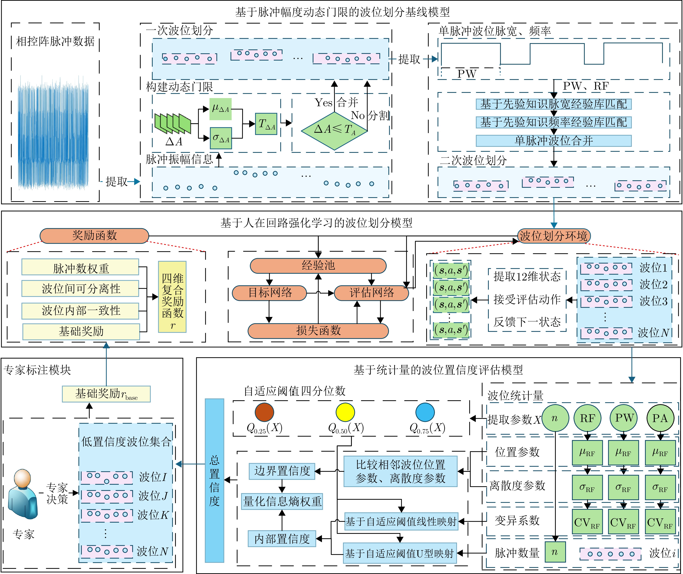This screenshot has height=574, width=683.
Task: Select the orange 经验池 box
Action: coord(318,265)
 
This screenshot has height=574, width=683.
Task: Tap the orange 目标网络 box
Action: coord(269,293)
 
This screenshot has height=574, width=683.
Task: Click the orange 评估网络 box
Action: coord(371,293)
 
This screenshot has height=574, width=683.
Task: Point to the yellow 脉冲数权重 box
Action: coord(80,268)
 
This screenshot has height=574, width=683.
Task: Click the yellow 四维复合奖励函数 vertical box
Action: coord(172,297)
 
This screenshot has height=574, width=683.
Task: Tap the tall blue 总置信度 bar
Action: coord(214,481)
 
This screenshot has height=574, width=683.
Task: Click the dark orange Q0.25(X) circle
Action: coord(264,412)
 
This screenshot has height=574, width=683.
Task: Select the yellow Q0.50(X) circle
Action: coord(345,412)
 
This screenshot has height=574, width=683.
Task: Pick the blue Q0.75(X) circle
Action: coord(425,412)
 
